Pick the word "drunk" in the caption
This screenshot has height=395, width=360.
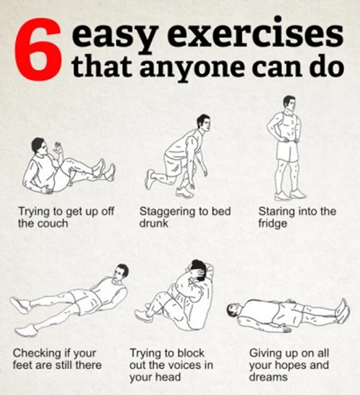(x=153, y=223)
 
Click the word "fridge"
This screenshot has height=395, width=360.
(x=272, y=223)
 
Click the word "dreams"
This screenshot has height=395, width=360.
(x=268, y=377)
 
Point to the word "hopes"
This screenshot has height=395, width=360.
(x=293, y=365)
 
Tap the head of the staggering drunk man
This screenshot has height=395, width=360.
(x=203, y=123)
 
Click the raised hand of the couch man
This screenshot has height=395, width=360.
(x=58, y=149)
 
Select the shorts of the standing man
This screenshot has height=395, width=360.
(x=287, y=151)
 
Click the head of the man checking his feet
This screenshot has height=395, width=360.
(x=120, y=274)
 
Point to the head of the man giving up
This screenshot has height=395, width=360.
(x=234, y=310)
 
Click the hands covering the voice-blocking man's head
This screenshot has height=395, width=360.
(x=202, y=272)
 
